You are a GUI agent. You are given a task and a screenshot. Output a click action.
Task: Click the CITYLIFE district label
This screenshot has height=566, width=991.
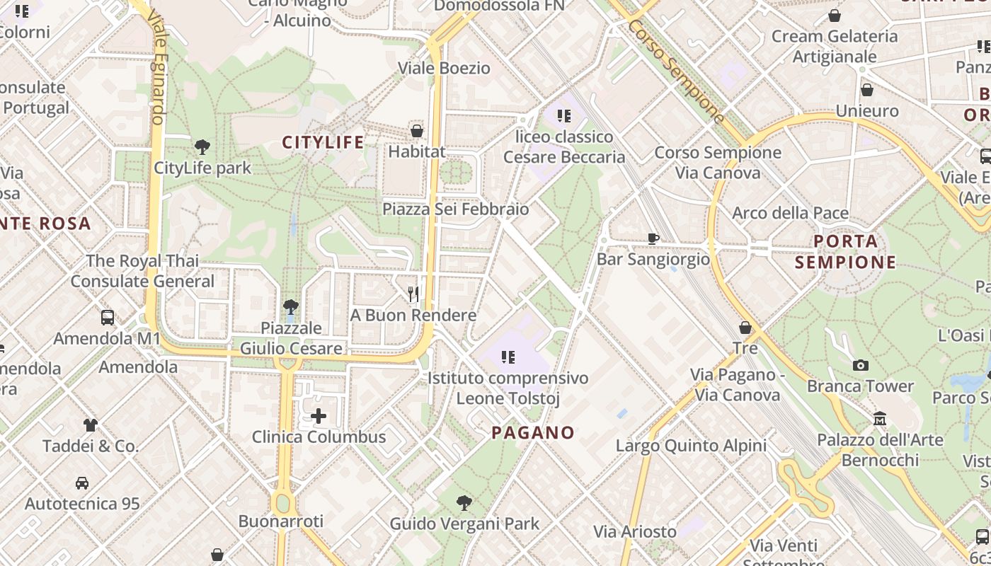[x=323, y=142]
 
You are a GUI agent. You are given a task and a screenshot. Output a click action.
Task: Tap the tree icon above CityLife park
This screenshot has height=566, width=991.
[x=202, y=147]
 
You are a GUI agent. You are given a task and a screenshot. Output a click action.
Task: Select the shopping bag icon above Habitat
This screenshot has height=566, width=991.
[x=417, y=131]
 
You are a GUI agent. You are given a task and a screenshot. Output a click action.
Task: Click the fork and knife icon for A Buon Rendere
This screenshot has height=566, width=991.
[x=413, y=293]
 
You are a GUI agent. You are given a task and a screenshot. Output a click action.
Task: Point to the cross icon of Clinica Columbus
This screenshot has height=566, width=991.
[x=319, y=416]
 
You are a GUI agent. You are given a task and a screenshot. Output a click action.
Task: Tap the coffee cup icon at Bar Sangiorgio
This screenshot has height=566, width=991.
[x=653, y=239]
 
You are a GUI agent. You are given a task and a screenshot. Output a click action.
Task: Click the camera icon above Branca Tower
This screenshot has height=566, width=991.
[x=861, y=365]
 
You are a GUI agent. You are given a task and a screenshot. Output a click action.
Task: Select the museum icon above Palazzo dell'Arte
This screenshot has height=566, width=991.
[x=880, y=419]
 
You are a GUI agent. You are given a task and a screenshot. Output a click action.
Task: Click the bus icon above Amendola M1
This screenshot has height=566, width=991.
[x=108, y=318]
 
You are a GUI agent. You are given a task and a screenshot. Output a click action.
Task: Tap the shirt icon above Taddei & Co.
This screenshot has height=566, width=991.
[x=90, y=425]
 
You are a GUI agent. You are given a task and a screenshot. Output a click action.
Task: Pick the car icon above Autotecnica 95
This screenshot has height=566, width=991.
[x=82, y=483]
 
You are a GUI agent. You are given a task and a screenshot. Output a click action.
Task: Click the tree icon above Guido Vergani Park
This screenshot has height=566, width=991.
[x=464, y=503]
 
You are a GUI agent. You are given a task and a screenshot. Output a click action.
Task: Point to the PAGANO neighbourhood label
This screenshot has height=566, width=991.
[x=533, y=432]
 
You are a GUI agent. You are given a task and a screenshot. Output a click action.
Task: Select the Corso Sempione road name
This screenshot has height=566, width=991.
[x=677, y=71]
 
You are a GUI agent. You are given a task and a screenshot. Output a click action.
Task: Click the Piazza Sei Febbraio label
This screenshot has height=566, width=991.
[x=456, y=209]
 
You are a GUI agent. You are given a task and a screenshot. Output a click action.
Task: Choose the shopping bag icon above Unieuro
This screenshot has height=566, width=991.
[x=866, y=90]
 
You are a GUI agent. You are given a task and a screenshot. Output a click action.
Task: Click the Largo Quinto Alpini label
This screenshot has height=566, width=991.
[x=691, y=446]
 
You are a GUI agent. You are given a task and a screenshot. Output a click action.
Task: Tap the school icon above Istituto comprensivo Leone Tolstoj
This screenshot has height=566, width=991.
[x=508, y=357]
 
